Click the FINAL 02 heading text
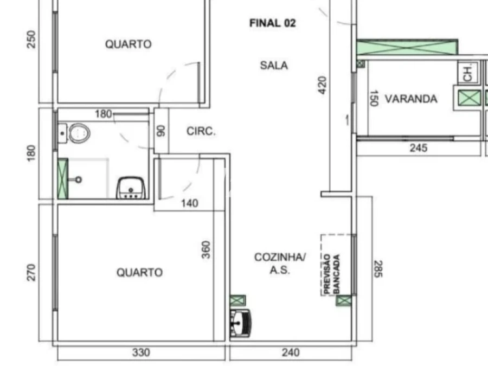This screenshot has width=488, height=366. [272, 23]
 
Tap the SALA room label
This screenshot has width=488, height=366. [274, 66]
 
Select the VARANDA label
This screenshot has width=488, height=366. [410, 99]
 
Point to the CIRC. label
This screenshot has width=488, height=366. [201, 131]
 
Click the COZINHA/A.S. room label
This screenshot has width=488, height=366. [280, 264]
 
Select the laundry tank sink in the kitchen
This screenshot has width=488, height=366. [240, 323]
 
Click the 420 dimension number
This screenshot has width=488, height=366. [322, 85]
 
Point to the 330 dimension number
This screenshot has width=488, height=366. [141, 353]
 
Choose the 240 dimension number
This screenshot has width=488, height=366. [291, 353]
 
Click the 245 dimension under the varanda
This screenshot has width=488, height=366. [418, 147]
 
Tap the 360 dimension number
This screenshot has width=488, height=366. [206, 249]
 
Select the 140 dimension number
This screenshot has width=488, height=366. [189, 204]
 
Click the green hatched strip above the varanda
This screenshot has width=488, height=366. [407, 47]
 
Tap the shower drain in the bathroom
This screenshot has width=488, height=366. [79, 179]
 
